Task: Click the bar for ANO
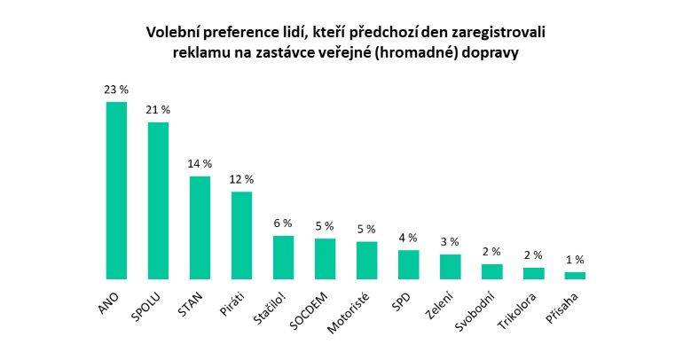(116, 191)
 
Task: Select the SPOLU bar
(158, 200)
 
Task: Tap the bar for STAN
(200, 228)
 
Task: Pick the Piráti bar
(241, 235)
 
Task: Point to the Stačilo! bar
(283, 257)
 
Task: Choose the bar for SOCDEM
(325, 259)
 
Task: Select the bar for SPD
(408, 264)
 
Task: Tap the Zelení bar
(450, 267)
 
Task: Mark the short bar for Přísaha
(575, 275)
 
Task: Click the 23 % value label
(116, 90)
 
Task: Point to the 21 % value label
(158, 110)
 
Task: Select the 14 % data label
(200, 164)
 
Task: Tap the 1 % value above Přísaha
(575, 260)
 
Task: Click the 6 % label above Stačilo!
(283, 223)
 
